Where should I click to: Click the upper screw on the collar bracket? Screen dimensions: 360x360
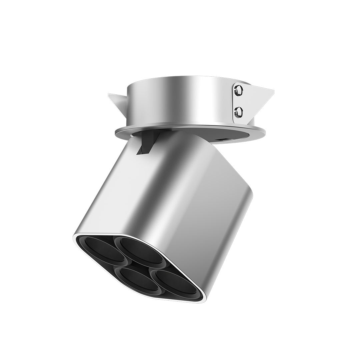click(238, 90)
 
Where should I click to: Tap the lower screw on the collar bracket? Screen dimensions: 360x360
click(238, 112)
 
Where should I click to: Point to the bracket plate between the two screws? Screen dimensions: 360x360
click(239, 101)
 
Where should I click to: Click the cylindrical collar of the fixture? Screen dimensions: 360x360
click(180, 100)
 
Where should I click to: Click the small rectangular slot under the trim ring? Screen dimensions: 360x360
click(222, 138)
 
